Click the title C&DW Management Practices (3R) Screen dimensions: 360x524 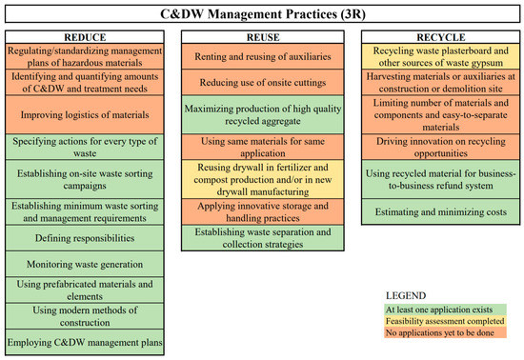[261, 13]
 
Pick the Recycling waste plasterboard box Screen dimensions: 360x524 [440, 54]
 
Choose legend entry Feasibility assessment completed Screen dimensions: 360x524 [453, 324]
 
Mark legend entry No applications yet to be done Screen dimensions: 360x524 [453, 336]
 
